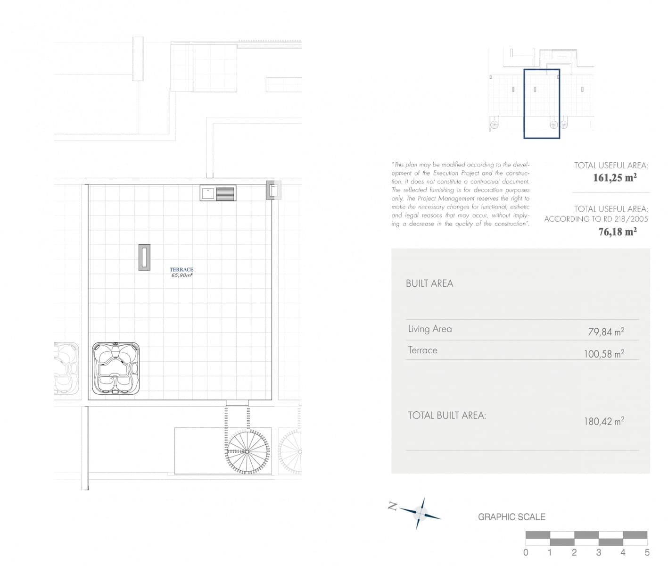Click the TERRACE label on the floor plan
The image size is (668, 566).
coord(181,270)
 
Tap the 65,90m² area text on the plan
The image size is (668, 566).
coord(181,275)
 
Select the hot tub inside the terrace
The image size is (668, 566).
coord(115,368)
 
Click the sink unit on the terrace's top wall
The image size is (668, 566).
coord(218,193)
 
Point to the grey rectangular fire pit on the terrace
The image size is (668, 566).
coord(144,257)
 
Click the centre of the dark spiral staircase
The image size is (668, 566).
coord(247,451)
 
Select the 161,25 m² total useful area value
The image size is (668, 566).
coord(615,178)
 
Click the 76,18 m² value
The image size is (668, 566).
coord(618,232)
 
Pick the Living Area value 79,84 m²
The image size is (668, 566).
coord(606,332)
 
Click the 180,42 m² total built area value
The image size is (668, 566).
coord(604,421)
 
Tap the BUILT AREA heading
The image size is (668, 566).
coord(429,283)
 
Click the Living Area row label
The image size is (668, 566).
coord(430,329)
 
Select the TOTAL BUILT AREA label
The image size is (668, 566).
coord(446,416)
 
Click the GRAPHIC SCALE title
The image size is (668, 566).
coord(511,517)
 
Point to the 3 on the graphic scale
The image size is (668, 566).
coord(598,552)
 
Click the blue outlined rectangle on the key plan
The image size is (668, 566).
coord(542,104)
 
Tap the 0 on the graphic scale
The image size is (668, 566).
coord(526,552)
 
